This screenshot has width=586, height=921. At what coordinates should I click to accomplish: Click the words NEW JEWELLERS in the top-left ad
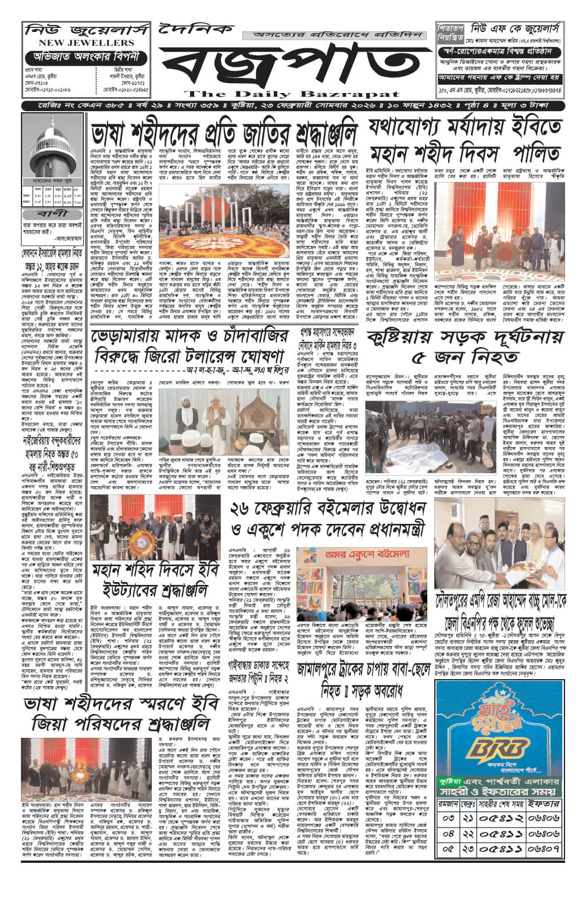click(x=87, y=43)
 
